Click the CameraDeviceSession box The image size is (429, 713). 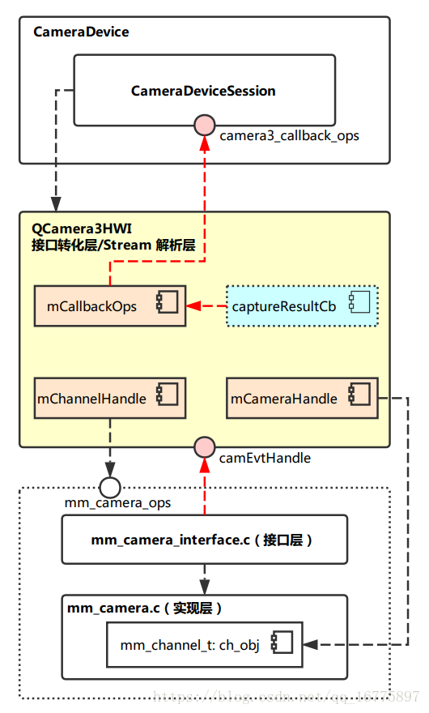pyautogui.click(x=204, y=91)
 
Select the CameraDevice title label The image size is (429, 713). pyautogui.click(x=81, y=32)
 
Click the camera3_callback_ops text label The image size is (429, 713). pyautogui.click(x=289, y=136)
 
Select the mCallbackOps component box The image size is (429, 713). pyautogui.click(x=110, y=306)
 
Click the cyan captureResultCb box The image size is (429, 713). pyautogui.click(x=301, y=306)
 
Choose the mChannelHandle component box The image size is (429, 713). pyautogui.click(x=110, y=398)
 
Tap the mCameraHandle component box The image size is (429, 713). pyautogui.click(x=301, y=398)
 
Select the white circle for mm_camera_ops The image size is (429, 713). pyautogui.click(x=110, y=487)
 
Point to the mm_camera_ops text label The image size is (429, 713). pyautogui.click(x=117, y=503)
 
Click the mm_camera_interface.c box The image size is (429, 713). pyautogui.click(x=204, y=540)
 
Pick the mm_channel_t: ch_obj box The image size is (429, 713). pyautogui.click(x=204, y=645)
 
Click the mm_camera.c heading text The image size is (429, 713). pyautogui.click(x=144, y=608)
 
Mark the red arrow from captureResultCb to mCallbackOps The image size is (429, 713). pyautogui.click(x=206, y=306)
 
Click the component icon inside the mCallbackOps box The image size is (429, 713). pyautogui.click(x=168, y=306)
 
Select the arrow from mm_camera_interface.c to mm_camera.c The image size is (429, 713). pyautogui.click(x=205, y=579)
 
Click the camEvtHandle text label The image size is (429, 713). pyautogui.click(x=265, y=458)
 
